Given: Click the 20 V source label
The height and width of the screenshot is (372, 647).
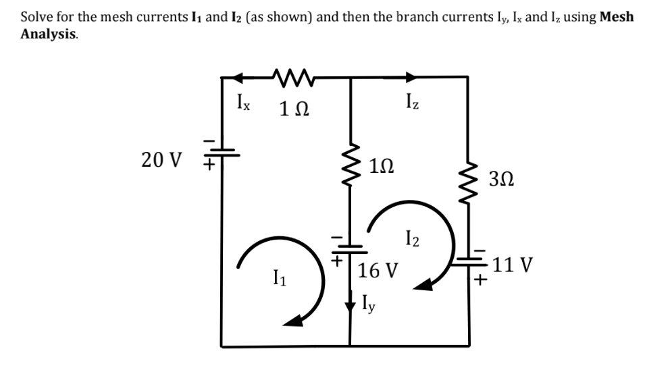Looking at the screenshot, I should coord(162,160).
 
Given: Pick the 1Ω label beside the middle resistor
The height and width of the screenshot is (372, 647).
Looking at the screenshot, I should coord(383,164).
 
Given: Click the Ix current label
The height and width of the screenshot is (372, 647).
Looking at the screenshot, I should coord(242,105).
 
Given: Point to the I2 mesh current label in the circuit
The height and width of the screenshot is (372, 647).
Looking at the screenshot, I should coord(414,238).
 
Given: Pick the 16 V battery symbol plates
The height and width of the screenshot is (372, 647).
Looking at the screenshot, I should coord(350,246).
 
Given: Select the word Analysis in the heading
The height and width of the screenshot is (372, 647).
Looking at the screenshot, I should coord(48,33).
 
